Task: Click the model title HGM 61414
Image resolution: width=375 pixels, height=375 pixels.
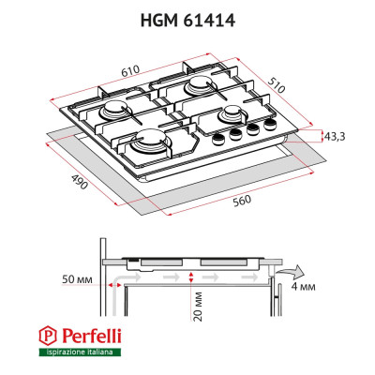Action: click(x=188, y=16)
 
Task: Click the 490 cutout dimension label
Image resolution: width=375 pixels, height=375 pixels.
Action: click(x=78, y=182)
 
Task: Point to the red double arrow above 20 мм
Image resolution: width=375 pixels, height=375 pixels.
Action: click(x=191, y=277)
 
